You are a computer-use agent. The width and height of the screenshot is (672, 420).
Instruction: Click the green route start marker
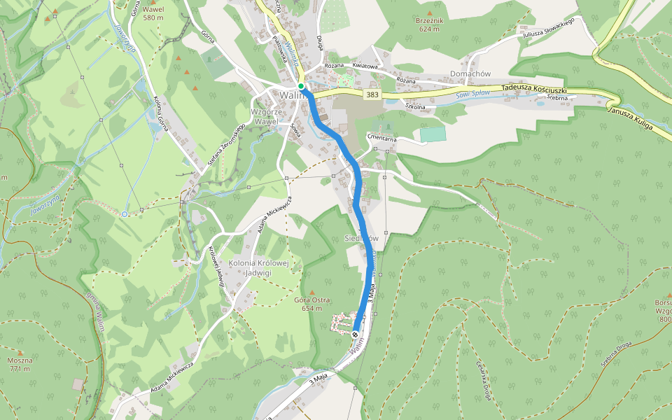coord(301,86)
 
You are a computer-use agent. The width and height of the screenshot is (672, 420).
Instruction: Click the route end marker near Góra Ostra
coord(356,335)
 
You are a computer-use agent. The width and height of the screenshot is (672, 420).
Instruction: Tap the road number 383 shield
coord(372,94)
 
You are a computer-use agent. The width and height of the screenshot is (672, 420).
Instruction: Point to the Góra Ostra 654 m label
coord(311,304)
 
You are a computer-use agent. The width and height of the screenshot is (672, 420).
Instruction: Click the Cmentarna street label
coord(381,139)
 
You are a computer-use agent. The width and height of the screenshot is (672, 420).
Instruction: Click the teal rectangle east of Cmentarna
coord(432,134)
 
